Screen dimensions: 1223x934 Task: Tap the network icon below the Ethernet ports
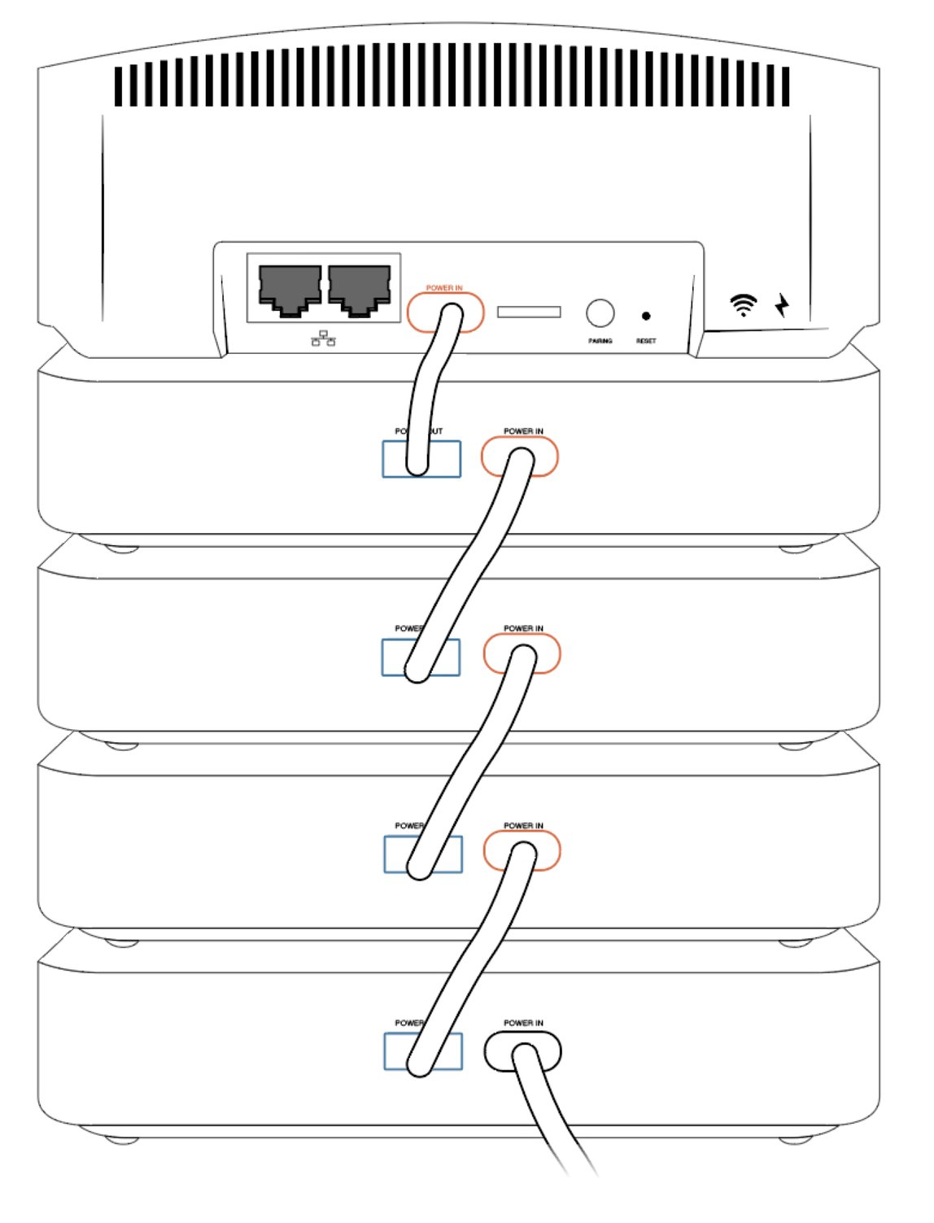(323, 338)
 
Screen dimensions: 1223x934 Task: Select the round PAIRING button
(600, 313)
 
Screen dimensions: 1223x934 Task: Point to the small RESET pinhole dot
(646, 316)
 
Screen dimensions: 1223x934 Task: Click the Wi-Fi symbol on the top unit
(743, 305)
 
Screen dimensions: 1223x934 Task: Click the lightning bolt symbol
(782, 305)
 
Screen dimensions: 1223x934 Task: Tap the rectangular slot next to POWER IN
(529, 312)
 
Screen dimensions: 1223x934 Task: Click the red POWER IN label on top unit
(444, 288)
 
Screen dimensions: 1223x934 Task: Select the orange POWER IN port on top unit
(445, 312)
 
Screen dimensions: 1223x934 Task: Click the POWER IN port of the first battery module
(520, 456)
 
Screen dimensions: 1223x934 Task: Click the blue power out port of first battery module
(421, 459)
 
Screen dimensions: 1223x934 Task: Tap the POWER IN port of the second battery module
(522, 654)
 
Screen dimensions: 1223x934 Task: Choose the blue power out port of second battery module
(421, 657)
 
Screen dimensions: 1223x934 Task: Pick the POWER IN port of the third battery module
(522, 851)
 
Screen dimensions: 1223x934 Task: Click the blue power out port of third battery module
(422, 854)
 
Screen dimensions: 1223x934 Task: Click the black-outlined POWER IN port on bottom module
(522, 1051)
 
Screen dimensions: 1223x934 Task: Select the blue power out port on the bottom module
(422, 1051)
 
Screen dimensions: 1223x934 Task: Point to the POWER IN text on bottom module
(523, 1023)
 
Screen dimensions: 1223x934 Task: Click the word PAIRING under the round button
(600, 341)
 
